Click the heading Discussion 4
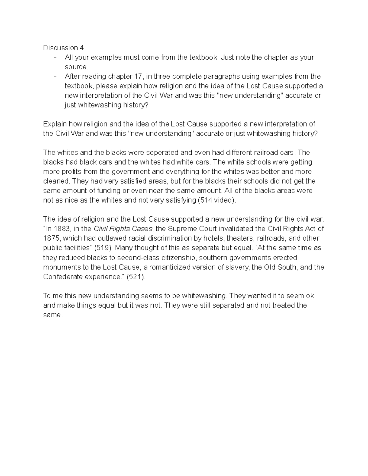63,48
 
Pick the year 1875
50,238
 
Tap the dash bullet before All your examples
55,57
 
